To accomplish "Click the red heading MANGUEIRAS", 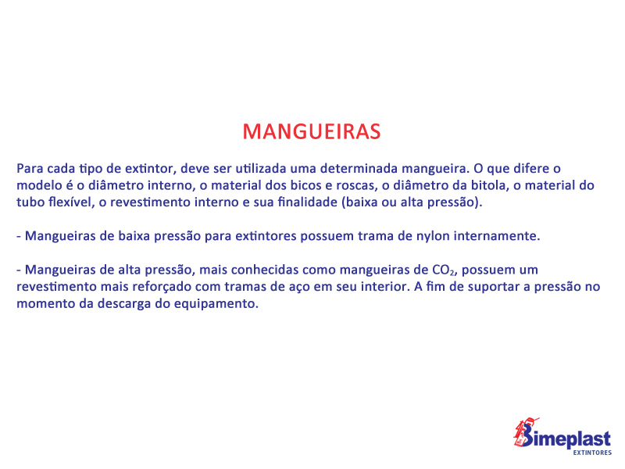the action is [312, 131].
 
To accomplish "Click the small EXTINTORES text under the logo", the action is [592, 453].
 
